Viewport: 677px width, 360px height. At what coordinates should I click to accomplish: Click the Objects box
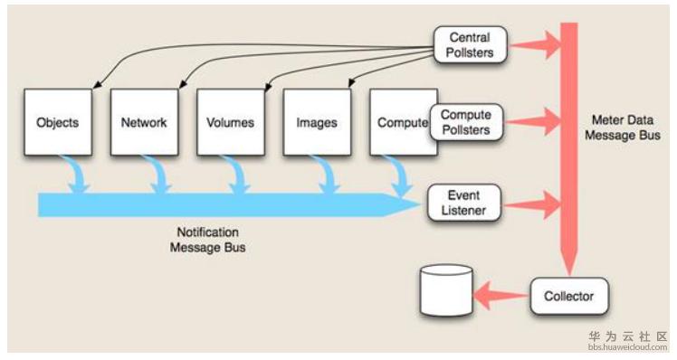(58, 122)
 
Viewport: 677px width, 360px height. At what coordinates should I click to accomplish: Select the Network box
(144, 122)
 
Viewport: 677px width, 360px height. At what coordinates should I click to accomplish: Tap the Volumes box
(231, 122)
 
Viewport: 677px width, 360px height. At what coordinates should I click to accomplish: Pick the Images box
(317, 122)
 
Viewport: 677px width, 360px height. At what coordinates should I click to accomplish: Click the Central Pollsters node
(470, 45)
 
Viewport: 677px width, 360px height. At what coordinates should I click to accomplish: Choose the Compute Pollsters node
(466, 122)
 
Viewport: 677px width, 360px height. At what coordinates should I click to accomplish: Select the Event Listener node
(463, 203)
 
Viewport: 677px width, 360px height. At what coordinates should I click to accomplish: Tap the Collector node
(569, 296)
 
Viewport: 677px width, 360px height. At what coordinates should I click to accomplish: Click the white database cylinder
(446, 290)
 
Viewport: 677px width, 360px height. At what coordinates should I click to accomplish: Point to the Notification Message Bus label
(207, 240)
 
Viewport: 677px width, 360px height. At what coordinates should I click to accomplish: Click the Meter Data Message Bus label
(623, 128)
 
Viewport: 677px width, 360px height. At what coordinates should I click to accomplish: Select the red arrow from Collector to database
(501, 296)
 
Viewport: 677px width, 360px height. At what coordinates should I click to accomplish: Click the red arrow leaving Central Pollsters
(534, 45)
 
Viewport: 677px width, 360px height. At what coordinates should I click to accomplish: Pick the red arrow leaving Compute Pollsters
(532, 122)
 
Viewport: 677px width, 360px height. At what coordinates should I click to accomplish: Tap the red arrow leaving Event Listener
(531, 204)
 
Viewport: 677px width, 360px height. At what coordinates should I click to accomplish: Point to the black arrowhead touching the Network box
(182, 85)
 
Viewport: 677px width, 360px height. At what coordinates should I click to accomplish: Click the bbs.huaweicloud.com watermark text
(628, 347)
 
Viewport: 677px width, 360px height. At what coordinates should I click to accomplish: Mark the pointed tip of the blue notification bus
(420, 205)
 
